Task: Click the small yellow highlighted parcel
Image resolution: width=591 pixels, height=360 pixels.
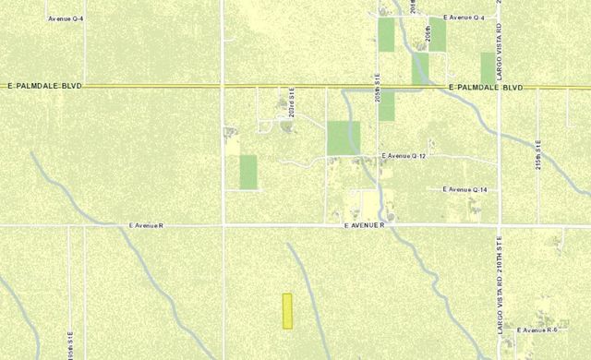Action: pos(287,311)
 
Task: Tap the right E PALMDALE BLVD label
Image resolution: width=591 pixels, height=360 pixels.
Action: pos(485,87)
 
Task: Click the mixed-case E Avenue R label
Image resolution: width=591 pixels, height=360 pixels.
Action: pos(146,225)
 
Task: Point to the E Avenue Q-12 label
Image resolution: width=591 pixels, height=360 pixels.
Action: pos(403,157)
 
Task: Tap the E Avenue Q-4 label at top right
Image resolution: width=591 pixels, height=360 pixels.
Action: pos(464,18)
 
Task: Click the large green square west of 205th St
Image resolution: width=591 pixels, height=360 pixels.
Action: pos(344,138)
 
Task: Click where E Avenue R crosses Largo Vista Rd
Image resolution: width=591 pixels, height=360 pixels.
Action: pos(499,225)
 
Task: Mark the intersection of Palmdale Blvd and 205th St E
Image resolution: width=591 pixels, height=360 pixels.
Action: pos(377,87)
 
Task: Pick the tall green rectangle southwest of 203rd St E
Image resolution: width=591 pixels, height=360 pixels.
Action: pos(247,172)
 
